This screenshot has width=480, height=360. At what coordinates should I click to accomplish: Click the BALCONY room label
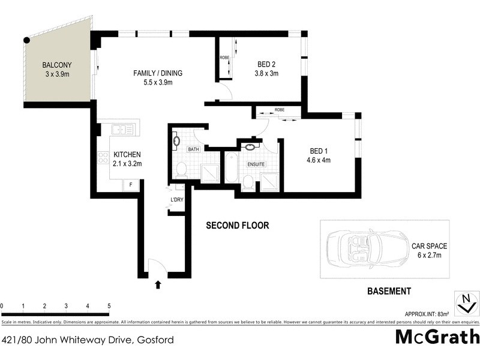pos(57,65)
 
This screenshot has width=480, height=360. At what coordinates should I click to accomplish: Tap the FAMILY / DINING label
pos(157,73)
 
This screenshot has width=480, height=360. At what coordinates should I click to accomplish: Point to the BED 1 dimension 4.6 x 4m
pos(320,160)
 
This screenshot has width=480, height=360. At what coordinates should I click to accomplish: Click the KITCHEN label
pos(127,154)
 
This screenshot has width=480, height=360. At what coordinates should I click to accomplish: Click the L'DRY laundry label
pos(177,199)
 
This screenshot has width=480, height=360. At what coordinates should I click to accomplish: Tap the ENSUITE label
pos(256,163)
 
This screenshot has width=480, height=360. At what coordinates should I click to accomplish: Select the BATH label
pos(193,149)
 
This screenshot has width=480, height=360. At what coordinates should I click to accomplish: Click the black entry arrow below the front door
pos(158,284)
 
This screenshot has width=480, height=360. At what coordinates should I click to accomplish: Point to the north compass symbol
pos(463,303)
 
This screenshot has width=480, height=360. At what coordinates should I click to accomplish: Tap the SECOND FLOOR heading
pos(237,226)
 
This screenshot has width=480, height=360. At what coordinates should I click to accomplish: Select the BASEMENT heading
pos(388,292)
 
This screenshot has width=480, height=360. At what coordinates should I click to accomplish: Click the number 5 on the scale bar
pos(109,306)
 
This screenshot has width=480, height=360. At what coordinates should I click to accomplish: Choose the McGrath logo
pos(437,336)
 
